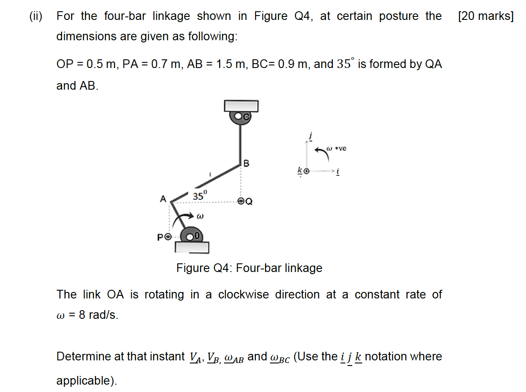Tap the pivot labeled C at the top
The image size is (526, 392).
(241, 116)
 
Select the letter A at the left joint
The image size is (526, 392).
(163, 199)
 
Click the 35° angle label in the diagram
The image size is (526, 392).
(200, 196)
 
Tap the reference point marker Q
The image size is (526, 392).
(241, 201)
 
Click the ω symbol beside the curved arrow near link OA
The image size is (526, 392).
(200, 215)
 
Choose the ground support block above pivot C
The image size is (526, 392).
(241, 106)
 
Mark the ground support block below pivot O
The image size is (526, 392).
(192, 247)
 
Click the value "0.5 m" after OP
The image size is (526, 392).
(101, 64)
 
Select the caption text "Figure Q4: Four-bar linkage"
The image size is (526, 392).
(249, 268)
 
